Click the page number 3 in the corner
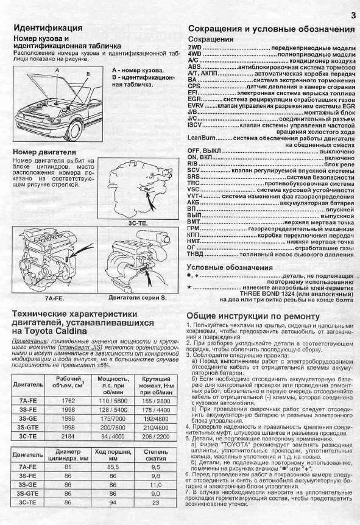pyautogui.click(x=353, y=15)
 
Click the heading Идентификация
pyautogui.click(x=48, y=28)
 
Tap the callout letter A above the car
pyautogui.click(x=57, y=70)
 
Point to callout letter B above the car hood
pyautogui.click(x=88, y=74)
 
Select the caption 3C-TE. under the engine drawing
pyautogui.click(x=137, y=223)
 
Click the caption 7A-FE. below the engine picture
pyautogui.click(x=54, y=298)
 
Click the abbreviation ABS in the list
pyautogui.click(x=194, y=67)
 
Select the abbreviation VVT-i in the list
pyautogui.click(x=195, y=197)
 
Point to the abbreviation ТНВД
pyautogui.click(x=195, y=255)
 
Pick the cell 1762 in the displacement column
pyautogui.click(x=68, y=401)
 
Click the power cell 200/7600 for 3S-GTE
pyautogui.click(x=113, y=428)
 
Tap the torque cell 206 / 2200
pyautogui.click(x=156, y=436)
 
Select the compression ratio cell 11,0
pyautogui.click(x=156, y=485)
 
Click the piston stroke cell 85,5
pyautogui.click(x=113, y=467)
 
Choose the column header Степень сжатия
pyautogui.click(x=156, y=455)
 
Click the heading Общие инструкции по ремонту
pyautogui.click(x=253, y=317)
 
